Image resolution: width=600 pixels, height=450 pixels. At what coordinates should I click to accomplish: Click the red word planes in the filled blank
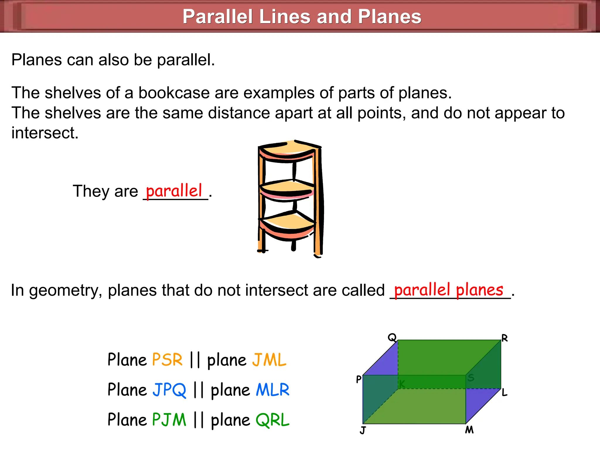click(480, 290)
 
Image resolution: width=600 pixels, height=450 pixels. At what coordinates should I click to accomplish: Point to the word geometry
click(66, 290)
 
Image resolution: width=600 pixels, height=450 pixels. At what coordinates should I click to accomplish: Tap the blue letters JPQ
click(169, 390)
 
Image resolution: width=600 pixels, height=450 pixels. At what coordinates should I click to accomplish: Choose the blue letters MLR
click(272, 390)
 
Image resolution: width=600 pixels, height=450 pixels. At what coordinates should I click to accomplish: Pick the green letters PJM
click(169, 420)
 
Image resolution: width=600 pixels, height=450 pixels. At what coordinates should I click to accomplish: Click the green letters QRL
click(272, 420)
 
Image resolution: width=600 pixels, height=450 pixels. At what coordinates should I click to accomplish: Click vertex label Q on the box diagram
click(392, 337)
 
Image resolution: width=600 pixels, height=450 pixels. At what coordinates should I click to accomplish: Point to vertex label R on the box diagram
click(504, 338)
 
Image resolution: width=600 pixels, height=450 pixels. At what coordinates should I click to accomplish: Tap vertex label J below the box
click(363, 430)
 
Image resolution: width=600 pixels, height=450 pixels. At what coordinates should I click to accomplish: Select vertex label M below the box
click(469, 430)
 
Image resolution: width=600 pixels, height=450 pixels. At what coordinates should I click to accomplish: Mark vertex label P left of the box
click(359, 379)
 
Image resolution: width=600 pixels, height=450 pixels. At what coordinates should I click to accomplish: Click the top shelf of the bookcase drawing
click(289, 148)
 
